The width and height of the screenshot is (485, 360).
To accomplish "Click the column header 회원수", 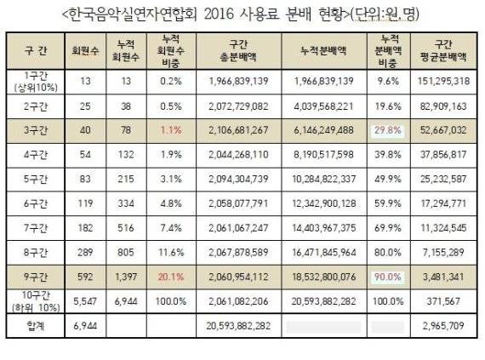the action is tap(85, 51).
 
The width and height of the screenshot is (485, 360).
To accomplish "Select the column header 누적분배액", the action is tap(323, 51).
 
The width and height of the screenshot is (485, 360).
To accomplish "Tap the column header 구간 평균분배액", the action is tap(443, 51).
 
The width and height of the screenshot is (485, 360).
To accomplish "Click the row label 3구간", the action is tap(36, 130).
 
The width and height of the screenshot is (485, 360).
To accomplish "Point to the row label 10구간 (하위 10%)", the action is tap(36, 301).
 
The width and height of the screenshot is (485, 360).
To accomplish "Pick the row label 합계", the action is tap(36, 326).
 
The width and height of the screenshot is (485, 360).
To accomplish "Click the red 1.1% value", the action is tap(171, 130).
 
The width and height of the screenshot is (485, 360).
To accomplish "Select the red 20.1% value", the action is tap(171, 277).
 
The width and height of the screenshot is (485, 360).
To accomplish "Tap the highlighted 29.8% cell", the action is tap(388, 130).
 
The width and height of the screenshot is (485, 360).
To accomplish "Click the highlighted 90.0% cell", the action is tap(388, 277).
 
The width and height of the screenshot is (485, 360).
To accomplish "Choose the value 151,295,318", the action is tap(443, 82).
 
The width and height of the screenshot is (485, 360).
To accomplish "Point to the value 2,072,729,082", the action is tap(238, 106).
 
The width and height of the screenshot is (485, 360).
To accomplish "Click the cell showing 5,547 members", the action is tap(85, 301).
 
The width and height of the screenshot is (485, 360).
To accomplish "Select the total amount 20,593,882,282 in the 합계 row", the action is tap(238, 326).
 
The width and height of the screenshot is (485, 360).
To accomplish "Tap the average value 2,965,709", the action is tap(443, 326).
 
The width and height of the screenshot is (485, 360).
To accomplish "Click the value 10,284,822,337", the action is tap(323, 179).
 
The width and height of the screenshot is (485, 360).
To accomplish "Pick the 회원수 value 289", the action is tap(85, 253).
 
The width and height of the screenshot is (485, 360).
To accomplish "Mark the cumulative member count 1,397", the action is tap(126, 277).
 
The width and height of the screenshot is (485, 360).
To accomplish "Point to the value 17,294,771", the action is tap(443, 203).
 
